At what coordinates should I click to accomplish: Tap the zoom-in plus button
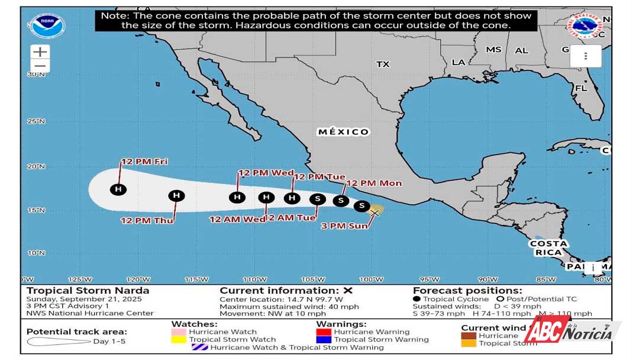point(40,52)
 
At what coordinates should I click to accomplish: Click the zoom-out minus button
point(40,66)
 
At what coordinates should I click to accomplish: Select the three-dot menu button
point(585,56)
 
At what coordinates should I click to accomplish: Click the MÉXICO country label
point(343,131)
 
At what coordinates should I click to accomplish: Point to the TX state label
point(383,64)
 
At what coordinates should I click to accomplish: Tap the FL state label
point(581,88)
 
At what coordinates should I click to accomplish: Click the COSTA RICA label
point(548,248)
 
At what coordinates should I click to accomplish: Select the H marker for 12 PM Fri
point(119,189)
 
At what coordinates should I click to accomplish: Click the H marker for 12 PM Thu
point(176,196)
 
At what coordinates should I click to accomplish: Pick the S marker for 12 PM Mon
point(341,201)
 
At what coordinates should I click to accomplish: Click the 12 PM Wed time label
point(266,173)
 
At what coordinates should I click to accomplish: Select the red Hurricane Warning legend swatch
point(324,332)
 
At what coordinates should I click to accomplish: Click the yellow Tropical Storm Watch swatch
point(179,340)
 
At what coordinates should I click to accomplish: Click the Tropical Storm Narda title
point(88,290)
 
